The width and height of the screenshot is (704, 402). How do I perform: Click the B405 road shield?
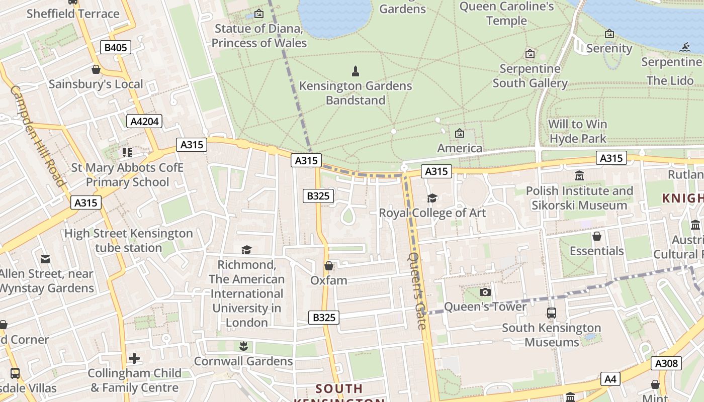(116, 48)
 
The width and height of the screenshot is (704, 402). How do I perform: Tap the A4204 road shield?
(144, 121)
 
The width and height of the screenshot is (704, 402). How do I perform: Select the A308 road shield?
(666, 363)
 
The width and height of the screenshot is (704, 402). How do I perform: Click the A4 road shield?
(610, 379)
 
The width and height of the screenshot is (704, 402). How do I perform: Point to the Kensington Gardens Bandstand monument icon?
(356, 71)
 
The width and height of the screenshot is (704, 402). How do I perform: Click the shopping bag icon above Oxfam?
(329, 265)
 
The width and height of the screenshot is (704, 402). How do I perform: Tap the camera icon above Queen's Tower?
(485, 292)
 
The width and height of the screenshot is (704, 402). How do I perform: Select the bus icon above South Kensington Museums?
(551, 313)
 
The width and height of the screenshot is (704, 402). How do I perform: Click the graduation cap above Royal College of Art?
(432, 198)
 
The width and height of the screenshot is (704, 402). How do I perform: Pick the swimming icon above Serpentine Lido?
(684, 48)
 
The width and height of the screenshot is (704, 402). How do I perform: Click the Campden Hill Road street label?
(38, 136)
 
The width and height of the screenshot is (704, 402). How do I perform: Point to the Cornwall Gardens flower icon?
(243, 346)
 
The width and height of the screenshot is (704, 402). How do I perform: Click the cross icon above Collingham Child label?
(134, 358)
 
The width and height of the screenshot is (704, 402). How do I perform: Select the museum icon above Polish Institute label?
(579, 176)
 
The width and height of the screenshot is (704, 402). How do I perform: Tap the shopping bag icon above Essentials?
(597, 236)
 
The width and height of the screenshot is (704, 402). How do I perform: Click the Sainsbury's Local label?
(96, 84)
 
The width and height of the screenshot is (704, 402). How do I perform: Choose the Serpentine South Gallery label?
(530, 76)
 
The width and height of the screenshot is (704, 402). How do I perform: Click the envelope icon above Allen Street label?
(45, 259)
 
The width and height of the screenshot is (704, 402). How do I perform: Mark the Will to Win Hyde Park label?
(578, 131)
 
